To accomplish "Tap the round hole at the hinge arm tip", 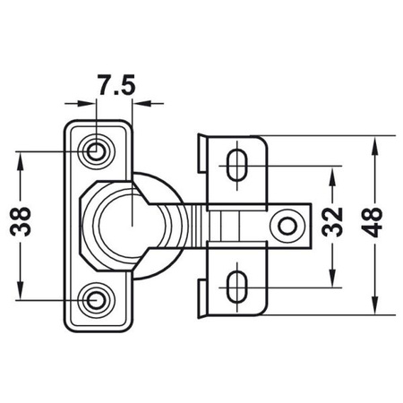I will coord(288,225).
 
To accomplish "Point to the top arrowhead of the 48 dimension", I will coord(373,141).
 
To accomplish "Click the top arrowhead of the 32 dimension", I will coord(332,170).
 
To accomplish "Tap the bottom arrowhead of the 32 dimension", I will coord(332,279).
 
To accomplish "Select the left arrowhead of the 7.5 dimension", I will coord(90,103).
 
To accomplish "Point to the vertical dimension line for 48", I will coord(373,269).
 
